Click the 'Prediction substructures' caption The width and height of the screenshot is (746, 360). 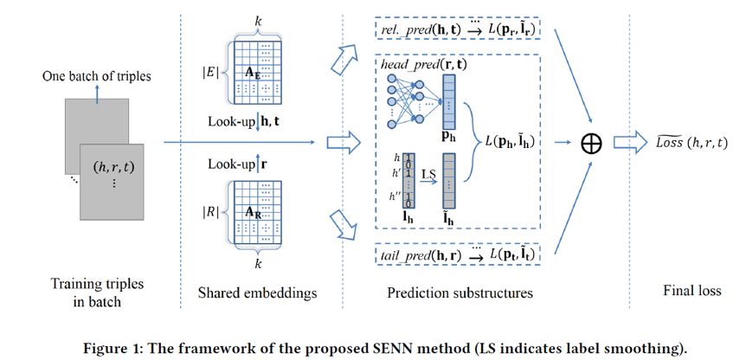coord(460,292)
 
